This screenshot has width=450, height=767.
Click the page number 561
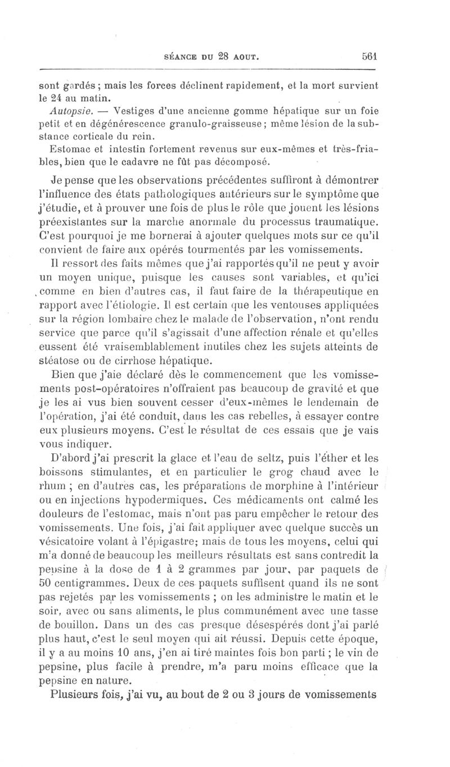(x=369, y=56)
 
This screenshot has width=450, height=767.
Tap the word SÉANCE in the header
(x=181, y=57)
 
